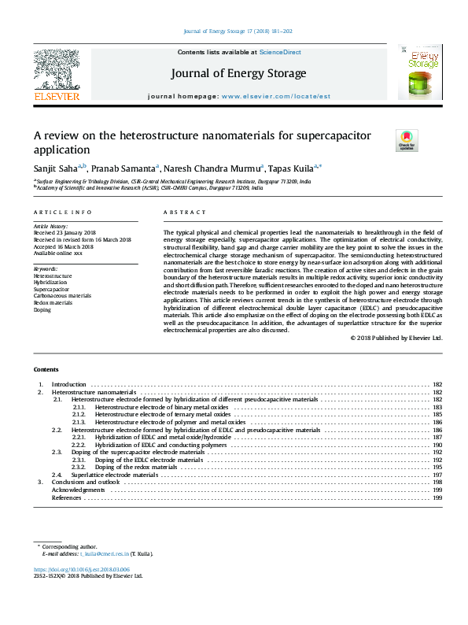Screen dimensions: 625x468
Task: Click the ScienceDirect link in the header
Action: [x=281, y=52]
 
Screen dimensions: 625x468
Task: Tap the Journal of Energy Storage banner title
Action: [x=238, y=73]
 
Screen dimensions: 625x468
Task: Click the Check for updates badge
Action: [x=407, y=139]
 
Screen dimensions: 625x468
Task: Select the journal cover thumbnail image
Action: [x=419, y=72]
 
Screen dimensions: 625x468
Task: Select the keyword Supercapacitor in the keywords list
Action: [x=50, y=289]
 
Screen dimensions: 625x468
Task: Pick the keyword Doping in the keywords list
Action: [x=42, y=309]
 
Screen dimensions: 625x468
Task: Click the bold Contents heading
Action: [x=46, y=369]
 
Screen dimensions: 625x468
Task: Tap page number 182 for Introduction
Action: [x=437, y=384]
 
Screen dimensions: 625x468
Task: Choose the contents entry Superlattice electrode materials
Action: [x=115, y=475]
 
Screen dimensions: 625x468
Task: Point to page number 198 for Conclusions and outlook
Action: [x=437, y=483]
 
